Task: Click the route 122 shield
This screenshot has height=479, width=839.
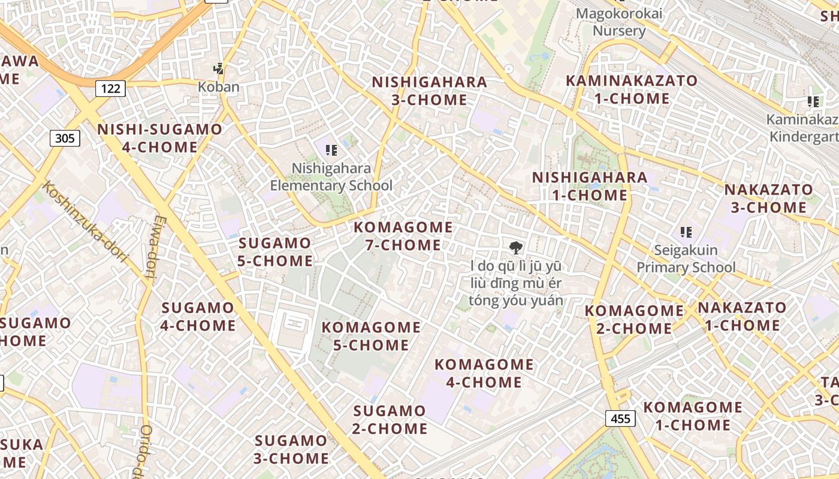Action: [110, 89]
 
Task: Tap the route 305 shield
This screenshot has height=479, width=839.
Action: [64, 138]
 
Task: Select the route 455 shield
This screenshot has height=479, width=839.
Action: [620, 418]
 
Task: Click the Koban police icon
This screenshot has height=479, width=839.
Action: [219, 69]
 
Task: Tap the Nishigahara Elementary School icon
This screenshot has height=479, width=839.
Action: [331, 150]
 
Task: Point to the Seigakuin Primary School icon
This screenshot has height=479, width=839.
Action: [686, 232]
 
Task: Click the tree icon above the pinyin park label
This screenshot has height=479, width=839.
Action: [515, 247]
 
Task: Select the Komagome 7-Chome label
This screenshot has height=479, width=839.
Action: [403, 236]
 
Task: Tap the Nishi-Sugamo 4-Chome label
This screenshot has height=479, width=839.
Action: [159, 138]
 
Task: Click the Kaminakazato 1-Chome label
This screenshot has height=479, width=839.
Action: [632, 89]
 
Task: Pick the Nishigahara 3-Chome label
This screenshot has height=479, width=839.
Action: [429, 90]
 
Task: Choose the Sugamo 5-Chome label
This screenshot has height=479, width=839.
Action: [275, 251]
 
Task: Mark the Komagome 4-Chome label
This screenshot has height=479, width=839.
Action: [484, 373]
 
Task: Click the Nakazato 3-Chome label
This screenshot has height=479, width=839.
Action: [769, 199]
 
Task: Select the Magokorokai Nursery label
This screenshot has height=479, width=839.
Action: [619, 22]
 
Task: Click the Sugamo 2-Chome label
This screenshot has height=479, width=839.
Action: [390, 420]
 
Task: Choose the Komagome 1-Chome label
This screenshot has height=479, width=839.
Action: [693, 416]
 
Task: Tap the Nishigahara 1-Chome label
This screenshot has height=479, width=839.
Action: [590, 186]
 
